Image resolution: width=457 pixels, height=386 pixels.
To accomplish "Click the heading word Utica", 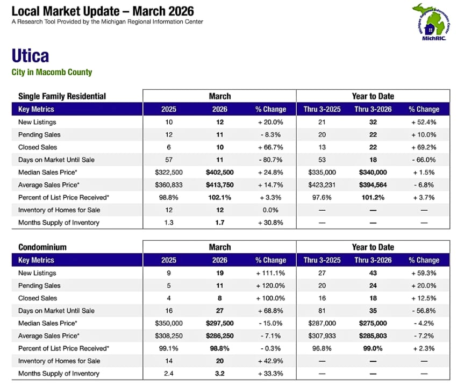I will pyautogui.click(x=30, y=56).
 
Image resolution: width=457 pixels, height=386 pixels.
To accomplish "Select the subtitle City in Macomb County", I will pyautogui.click(x=52, y=72).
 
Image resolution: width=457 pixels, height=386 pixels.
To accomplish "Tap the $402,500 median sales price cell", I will pyautogui.click(x=219, y=172).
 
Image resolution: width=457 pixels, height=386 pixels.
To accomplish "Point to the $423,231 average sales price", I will pyautogui.click(x=322, y=185).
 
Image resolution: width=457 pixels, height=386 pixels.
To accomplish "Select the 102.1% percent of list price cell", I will pyautogui.click(x=219, y=197).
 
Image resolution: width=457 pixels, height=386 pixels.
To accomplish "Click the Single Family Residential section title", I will pyautogui.click(x=62, y=96).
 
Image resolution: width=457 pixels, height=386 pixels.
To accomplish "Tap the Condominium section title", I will pyautogui.click(x=42, y=247).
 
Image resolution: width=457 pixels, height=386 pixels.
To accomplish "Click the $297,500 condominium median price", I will pyautogui.click(x=219, y=323).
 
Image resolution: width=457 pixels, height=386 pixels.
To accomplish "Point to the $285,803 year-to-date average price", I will pyautogui.click(x=373, y=336).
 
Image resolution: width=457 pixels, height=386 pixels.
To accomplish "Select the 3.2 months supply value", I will pyautogui.click(x=219, y=374).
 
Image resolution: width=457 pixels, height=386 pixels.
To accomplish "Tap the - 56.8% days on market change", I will pyautogui.click(x=424, y=311).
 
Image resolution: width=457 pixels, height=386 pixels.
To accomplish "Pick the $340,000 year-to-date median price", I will pyautogui.click(x=373, y=172).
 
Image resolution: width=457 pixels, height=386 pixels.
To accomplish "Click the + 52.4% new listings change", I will pyautogui.click(x=424, y=122).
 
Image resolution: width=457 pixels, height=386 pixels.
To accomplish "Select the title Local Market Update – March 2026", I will pyautogui.click(x=103, y=11).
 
